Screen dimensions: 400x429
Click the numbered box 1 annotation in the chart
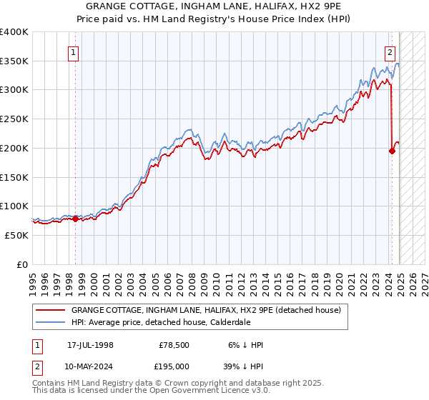click(74, 51)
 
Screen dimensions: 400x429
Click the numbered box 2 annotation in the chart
click(390, 51)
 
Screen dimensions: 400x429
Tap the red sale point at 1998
click(75, 219)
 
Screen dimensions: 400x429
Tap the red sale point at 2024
click(392, 151)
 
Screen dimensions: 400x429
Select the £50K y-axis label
click(17, 234)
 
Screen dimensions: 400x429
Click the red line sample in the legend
click(50, 310)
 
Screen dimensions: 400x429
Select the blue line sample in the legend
click(50, 322)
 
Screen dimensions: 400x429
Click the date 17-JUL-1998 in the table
click(90, 345)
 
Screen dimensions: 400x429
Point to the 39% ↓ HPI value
click(243, 366)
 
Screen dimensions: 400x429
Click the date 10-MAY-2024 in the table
click(91, 366)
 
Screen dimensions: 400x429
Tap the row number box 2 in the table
click(36, 366)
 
